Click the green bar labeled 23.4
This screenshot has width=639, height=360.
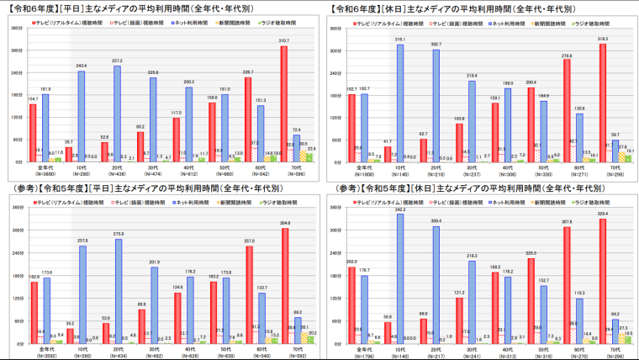tap(312, 156)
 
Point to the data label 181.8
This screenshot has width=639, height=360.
tap(45, 87)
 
